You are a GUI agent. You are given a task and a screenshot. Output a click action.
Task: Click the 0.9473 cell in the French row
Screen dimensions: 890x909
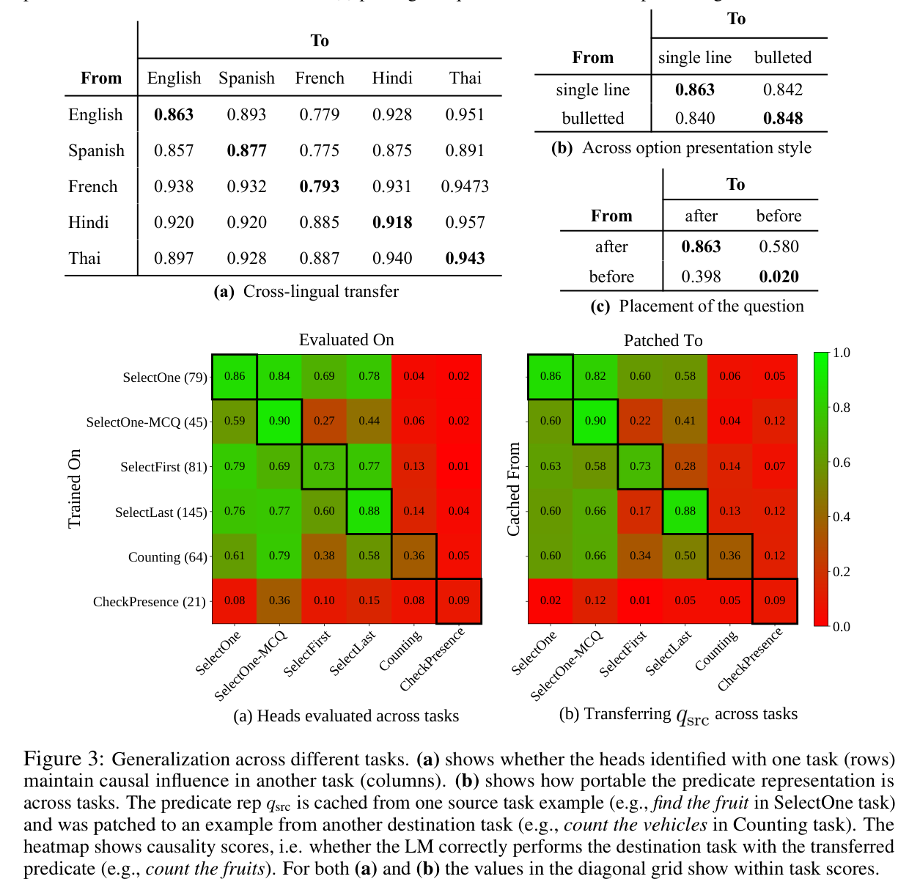465,186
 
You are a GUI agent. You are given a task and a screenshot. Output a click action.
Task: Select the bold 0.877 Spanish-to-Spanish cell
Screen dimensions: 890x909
246,150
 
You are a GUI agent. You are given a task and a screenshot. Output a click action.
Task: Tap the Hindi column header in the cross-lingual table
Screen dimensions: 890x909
392,78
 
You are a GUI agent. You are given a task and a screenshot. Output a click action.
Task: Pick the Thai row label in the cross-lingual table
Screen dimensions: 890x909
85,258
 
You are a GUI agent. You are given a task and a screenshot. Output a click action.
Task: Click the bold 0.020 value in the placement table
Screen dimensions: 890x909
779,276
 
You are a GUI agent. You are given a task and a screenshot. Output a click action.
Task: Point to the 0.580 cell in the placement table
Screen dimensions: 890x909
779,246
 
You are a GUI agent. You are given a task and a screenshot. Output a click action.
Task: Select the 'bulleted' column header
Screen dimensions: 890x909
783,57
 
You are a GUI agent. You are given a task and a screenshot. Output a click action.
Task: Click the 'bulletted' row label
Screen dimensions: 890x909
592,118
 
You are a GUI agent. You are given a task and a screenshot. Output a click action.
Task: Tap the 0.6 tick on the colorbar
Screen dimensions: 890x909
842,462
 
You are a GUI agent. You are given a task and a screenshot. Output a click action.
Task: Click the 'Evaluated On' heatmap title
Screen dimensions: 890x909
346,339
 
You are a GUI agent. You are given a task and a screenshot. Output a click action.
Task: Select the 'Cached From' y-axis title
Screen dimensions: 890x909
513,489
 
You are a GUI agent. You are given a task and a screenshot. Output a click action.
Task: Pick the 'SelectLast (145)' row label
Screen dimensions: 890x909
161,512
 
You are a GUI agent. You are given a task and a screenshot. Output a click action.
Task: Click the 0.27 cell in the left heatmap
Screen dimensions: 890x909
324,421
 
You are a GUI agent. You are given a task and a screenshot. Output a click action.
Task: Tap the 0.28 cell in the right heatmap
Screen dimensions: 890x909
685,466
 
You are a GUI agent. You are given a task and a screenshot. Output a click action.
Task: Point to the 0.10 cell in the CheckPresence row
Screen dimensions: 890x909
324,600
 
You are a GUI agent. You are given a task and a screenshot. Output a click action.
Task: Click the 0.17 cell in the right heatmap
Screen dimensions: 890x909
640,511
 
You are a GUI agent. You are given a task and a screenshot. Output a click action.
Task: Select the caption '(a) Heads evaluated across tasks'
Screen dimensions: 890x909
346,716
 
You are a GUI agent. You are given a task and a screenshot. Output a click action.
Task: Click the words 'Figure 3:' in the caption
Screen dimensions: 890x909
64,759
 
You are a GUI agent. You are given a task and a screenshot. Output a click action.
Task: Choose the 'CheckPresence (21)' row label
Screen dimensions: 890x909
149,602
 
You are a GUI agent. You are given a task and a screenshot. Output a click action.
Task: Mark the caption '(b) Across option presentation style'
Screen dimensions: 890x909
681,147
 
